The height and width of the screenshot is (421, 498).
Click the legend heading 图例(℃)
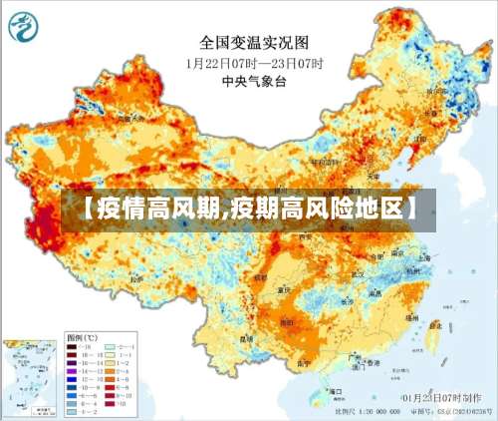click(x=79, y=337)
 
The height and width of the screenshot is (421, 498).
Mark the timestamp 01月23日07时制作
click(x=439, y=397)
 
